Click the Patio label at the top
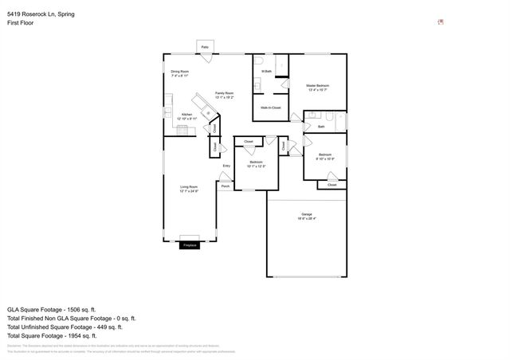tap(205, 48)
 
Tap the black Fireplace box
tap(190, 245)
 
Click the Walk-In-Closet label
tap(270, 107)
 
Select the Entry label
tap(226, 166)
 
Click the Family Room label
tap(224, 94)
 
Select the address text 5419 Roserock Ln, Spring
tap(41, 14)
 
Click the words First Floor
tap(21, 23)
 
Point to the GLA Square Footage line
tap(51, 309)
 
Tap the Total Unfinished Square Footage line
tap(64, 327)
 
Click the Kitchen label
tap(186, 115)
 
